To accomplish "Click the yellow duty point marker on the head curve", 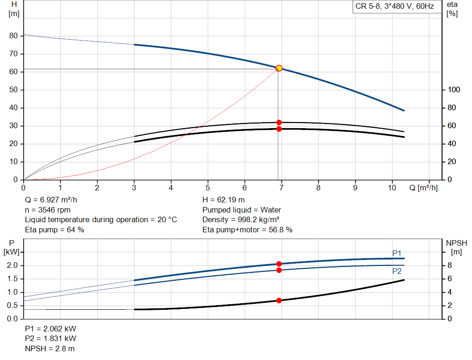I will point(279,68).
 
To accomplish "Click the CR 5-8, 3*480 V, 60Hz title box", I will point(395,7).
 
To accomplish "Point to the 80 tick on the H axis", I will point(13,36).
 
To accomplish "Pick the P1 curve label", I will point(397,253).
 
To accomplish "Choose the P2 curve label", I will point(397,271).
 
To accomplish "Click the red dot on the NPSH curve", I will point(279,301).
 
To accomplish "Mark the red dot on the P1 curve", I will point(279,264).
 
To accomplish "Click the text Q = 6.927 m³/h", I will point(55,200).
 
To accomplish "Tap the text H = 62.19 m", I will point(224,200).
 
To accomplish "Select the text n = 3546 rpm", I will point(48,210).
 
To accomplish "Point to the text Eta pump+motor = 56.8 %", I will point(248,230).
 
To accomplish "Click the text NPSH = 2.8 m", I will point(50,348).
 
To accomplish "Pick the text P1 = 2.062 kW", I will point(51,329).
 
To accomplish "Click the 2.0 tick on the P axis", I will point(12,266).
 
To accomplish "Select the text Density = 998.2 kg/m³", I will point(241,219).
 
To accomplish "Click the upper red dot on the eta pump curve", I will point(279,123).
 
